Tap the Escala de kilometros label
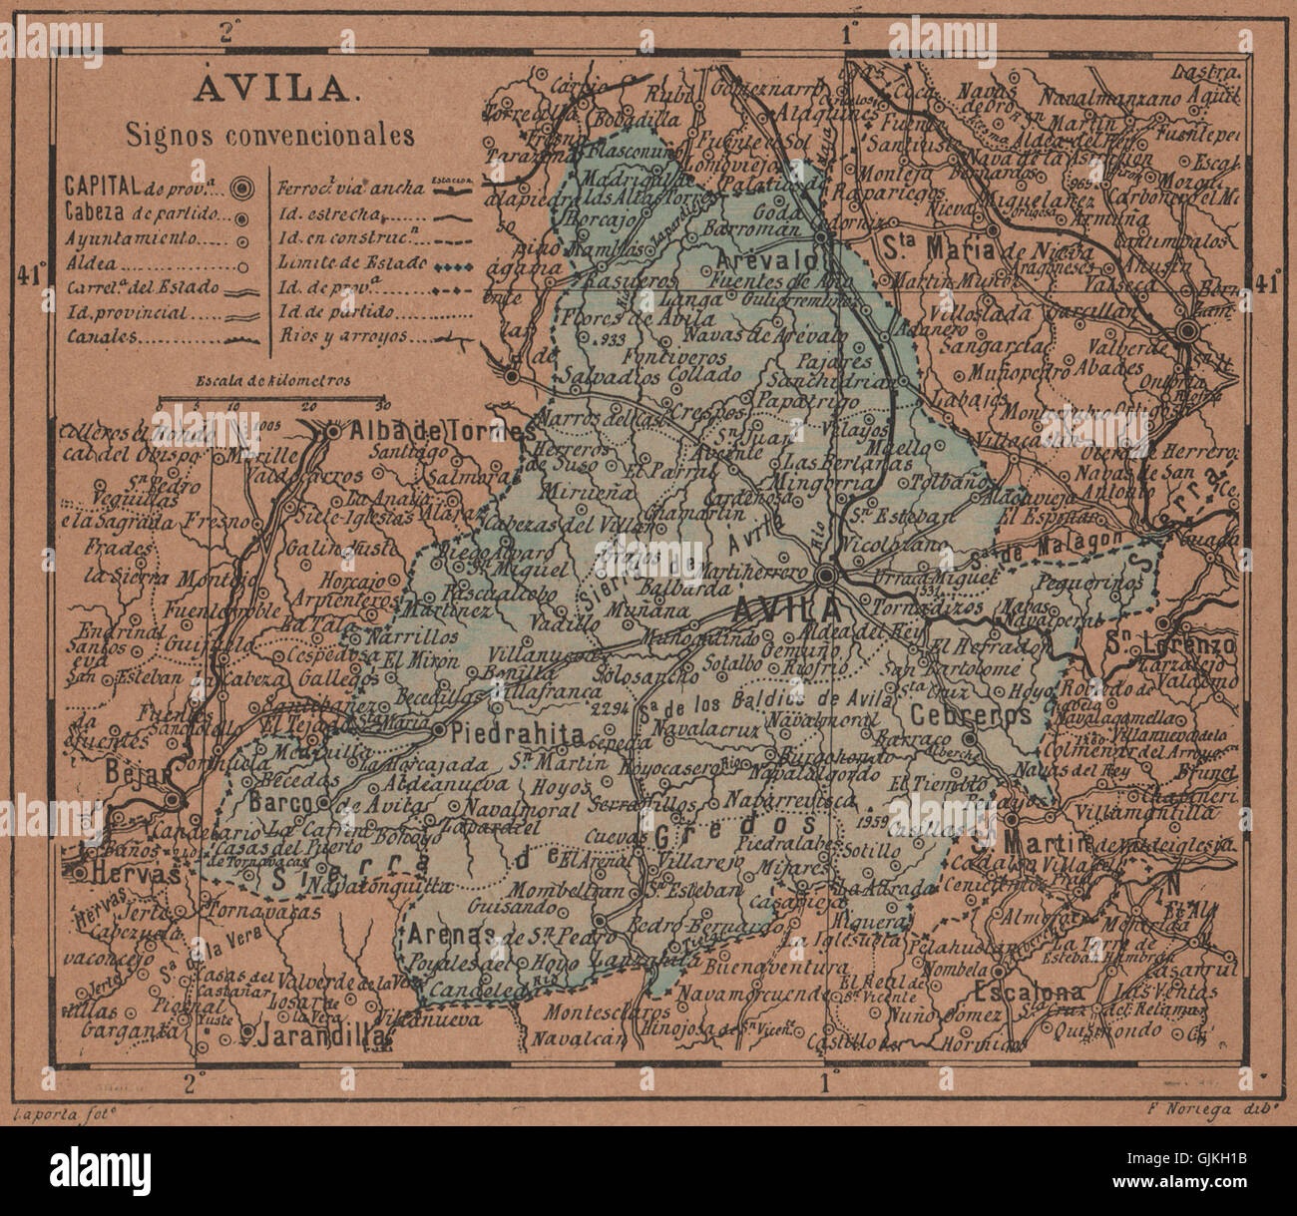(265, 380)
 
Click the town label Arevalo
(777, 259)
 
